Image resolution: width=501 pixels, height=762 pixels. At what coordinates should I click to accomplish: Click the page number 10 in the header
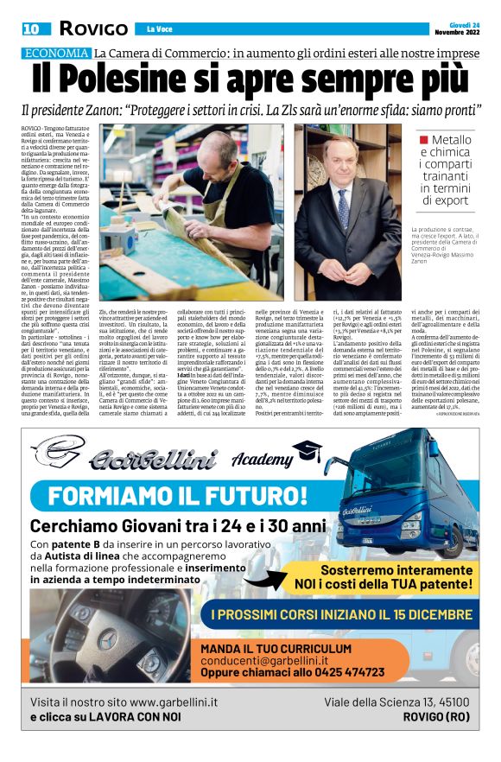[31, 29]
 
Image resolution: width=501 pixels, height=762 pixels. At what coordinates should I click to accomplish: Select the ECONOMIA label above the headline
[55, 54]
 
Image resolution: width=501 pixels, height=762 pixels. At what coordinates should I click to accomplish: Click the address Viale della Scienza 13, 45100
[396, 702]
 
